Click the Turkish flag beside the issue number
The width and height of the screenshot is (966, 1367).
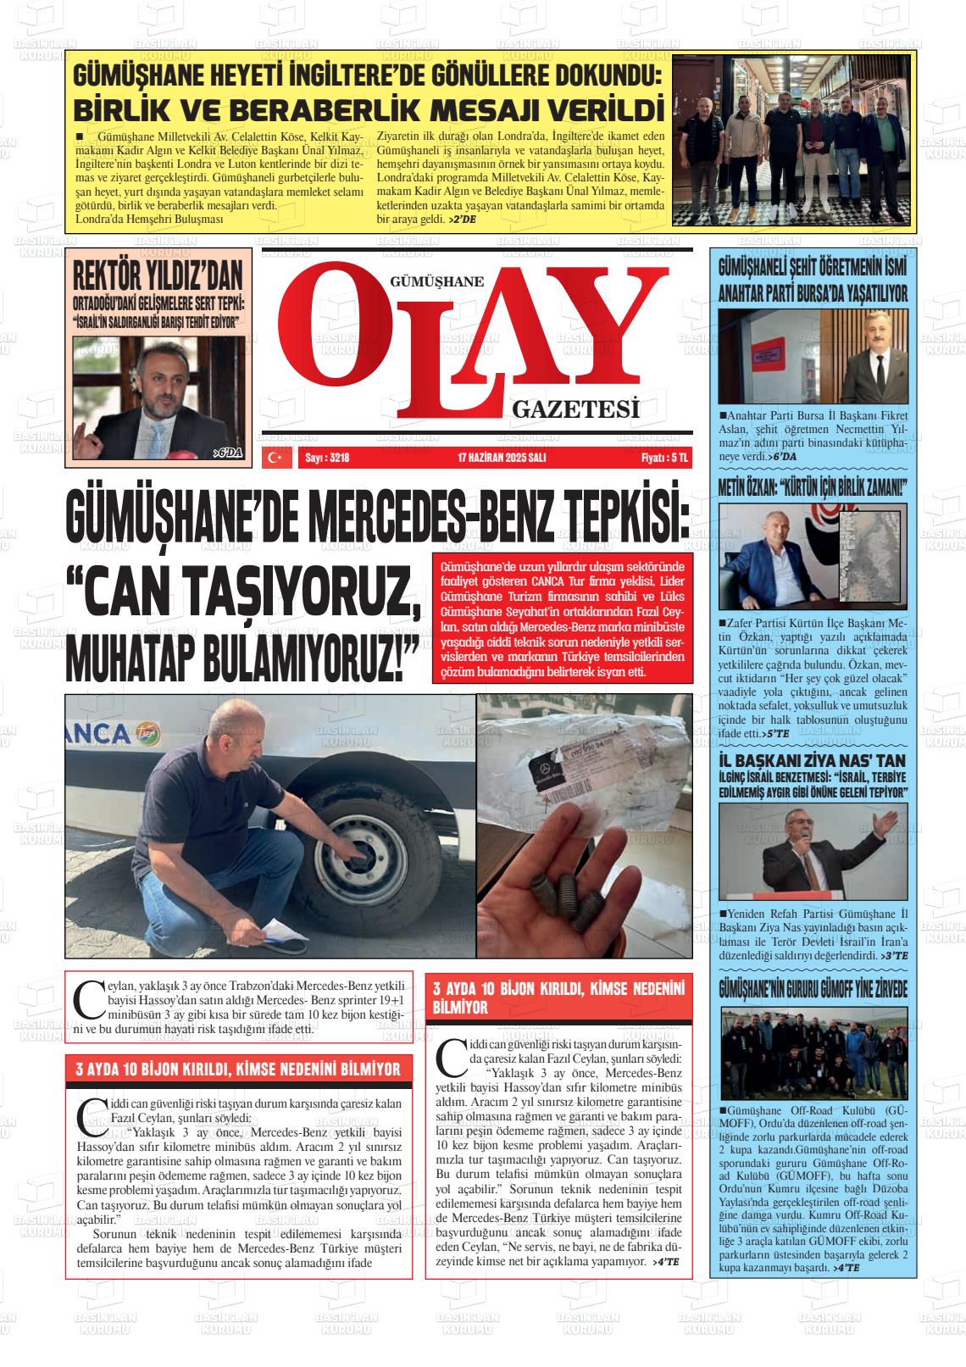point(275,458)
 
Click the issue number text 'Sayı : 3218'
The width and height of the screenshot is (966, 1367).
point(327,458)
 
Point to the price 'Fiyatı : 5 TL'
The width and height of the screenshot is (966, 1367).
point(664,458)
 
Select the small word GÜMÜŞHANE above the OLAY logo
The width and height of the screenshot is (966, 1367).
point(436,282)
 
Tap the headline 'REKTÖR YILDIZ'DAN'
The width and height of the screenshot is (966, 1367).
point(158,275)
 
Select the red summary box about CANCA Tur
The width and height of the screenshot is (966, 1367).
point(561,616)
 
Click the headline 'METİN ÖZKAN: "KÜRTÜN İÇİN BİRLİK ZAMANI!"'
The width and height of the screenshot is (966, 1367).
point(813,488)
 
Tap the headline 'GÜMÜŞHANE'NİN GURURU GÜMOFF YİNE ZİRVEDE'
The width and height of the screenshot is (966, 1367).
point(813,990)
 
